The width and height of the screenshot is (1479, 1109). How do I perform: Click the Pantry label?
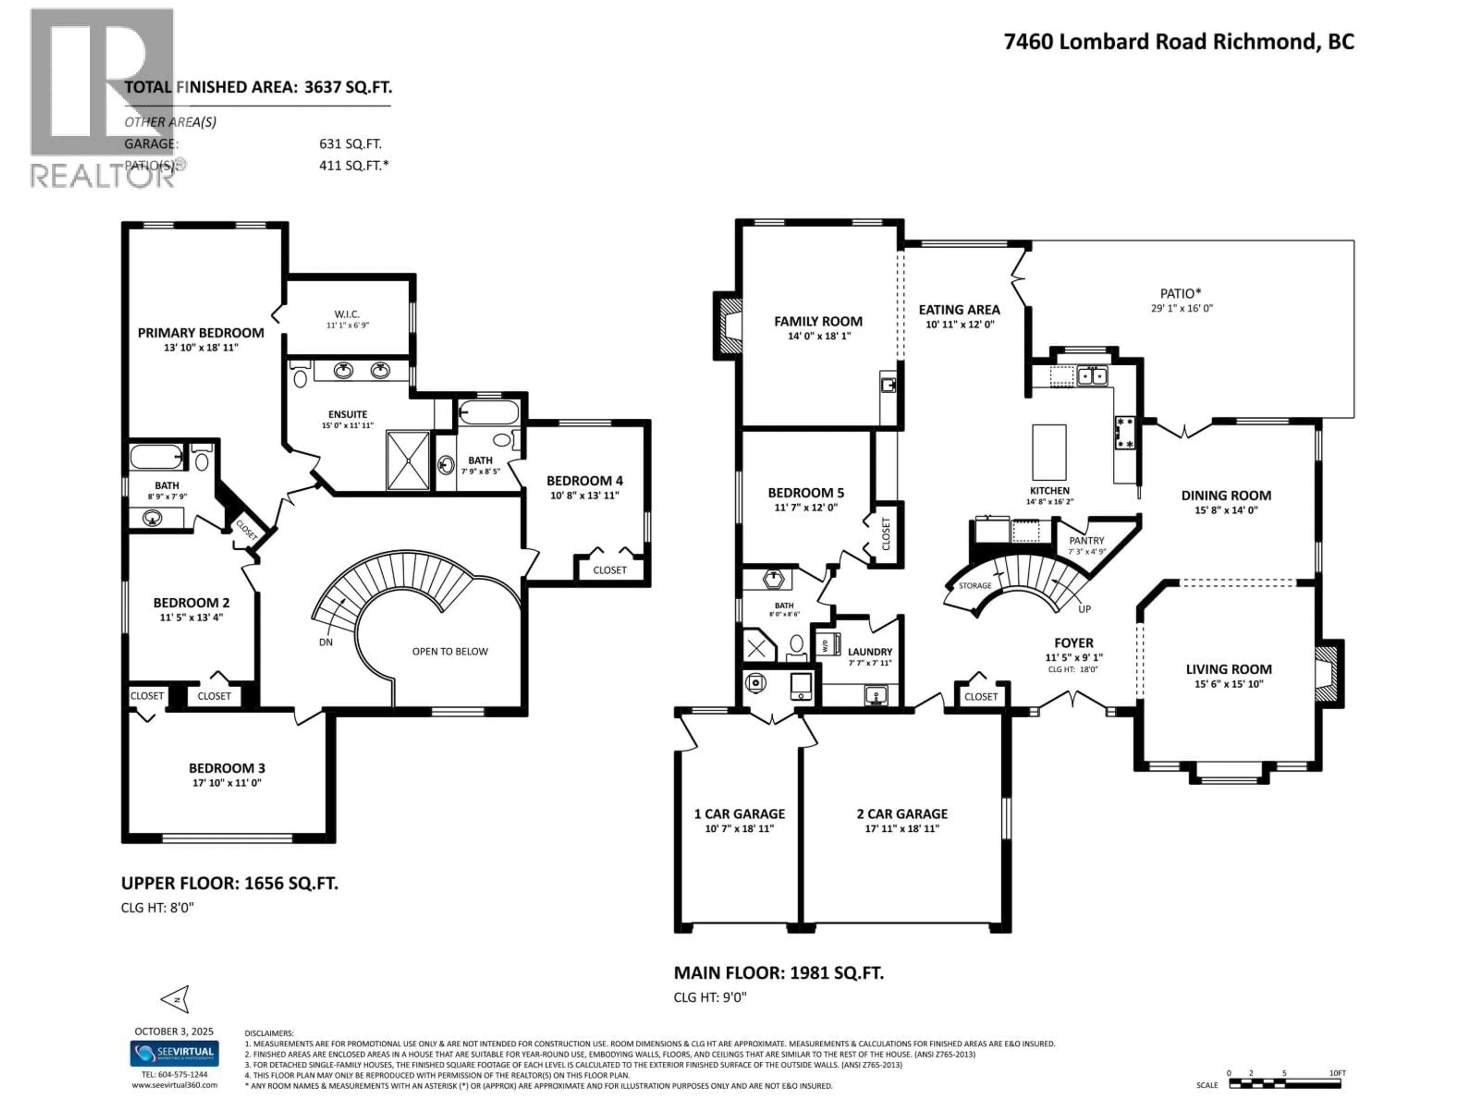[x=1087, y=540]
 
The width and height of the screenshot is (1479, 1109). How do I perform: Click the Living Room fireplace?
[x=1328, y=674]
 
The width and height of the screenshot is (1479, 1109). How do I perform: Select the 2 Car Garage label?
[x=902, y=814]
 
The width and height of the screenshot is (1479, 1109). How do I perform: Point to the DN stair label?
[x=325, y=642]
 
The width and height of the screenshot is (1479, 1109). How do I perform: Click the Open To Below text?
[x=450, y=651]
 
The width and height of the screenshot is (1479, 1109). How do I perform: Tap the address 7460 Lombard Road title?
[x=1179, y=42]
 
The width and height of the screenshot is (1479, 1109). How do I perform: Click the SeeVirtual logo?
[x=174, y=1053]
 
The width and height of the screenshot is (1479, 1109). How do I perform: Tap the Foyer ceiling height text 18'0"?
[x=1073, y=669]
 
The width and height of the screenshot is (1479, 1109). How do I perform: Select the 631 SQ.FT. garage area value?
[x=350, y=144]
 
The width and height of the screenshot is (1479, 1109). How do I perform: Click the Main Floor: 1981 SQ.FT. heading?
[x=778, y=973]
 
